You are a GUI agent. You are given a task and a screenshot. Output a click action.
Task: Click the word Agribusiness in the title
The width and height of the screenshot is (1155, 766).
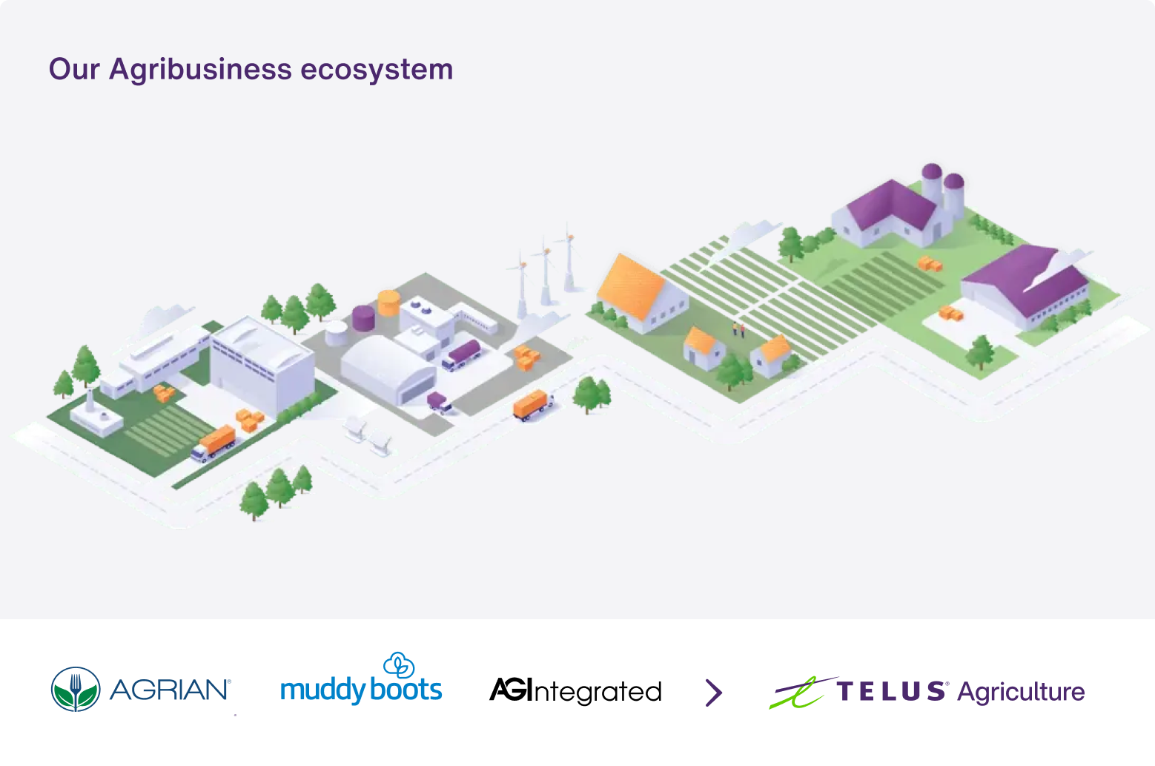200,70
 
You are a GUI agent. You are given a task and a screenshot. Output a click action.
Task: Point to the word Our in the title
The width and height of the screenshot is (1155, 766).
74,70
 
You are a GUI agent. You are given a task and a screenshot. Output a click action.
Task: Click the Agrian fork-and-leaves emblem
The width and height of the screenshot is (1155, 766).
76,690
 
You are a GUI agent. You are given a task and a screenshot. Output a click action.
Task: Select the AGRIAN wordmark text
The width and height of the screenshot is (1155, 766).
170,690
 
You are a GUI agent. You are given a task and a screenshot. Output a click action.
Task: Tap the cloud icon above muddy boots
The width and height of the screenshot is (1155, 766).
399,664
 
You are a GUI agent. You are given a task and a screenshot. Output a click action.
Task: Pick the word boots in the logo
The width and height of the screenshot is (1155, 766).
406,690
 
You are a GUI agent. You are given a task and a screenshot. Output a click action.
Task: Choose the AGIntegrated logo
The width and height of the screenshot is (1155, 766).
575,691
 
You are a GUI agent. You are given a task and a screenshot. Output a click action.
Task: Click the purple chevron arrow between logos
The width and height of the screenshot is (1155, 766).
713,693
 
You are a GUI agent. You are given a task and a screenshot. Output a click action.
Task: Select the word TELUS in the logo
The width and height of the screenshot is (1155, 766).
891,691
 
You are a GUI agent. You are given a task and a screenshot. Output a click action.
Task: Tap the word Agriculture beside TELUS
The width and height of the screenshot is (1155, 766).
1021,692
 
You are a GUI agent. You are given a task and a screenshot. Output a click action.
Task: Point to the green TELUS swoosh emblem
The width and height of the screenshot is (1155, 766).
801,693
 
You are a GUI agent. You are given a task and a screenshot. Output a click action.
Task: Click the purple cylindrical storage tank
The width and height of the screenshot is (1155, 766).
363,317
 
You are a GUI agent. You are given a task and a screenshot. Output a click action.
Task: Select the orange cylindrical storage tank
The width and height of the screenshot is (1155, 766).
389,303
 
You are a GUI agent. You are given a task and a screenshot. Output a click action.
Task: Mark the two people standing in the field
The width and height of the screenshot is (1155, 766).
738,329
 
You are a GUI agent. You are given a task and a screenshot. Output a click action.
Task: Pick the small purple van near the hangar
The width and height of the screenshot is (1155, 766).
439,403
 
